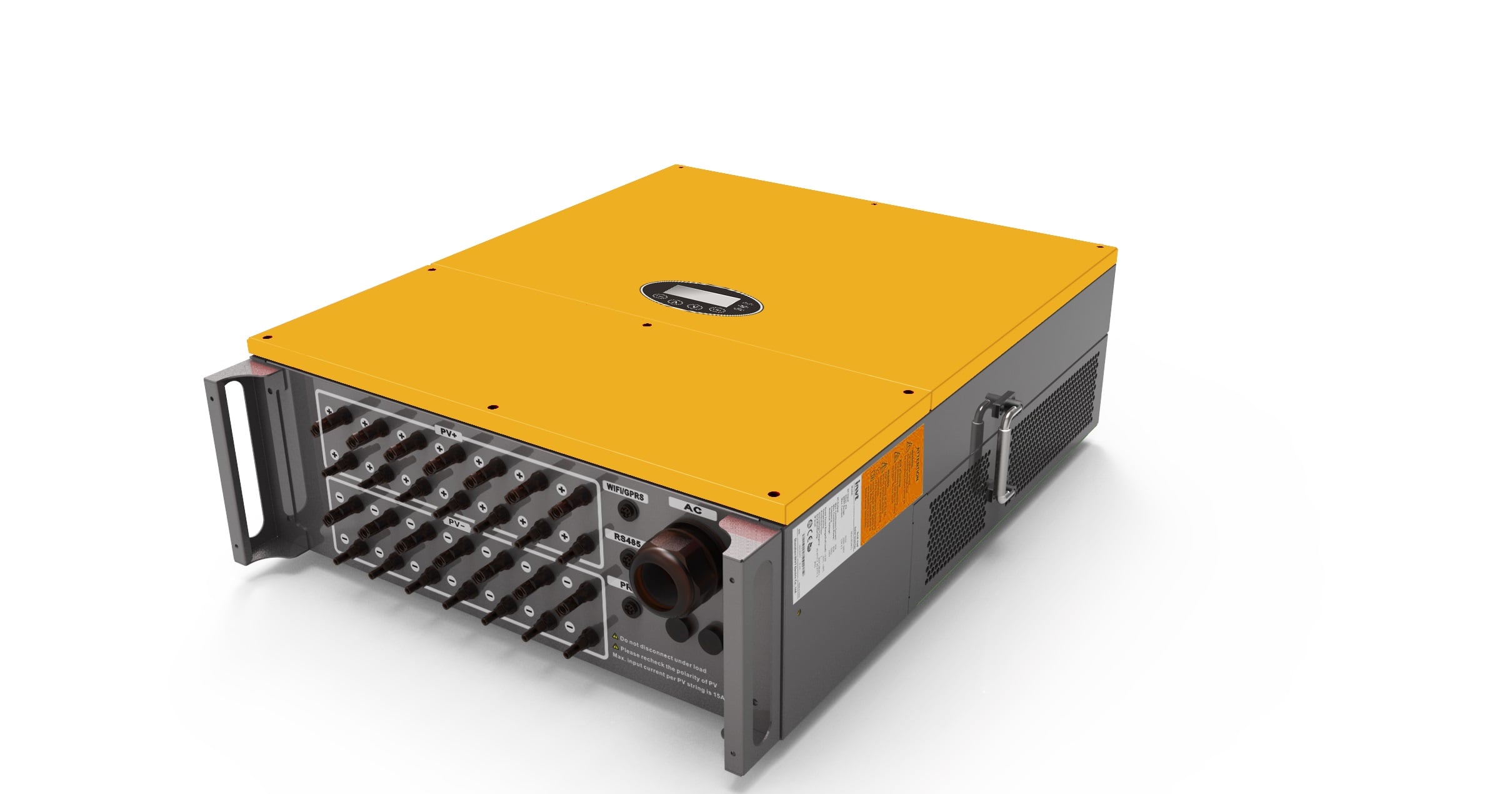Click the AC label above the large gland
click(x=692, y=508)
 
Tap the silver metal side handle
click(x=1000, y=447)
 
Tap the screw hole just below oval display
click(x=646, y=325)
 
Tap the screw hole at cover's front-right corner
click(x=773, y=493)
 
